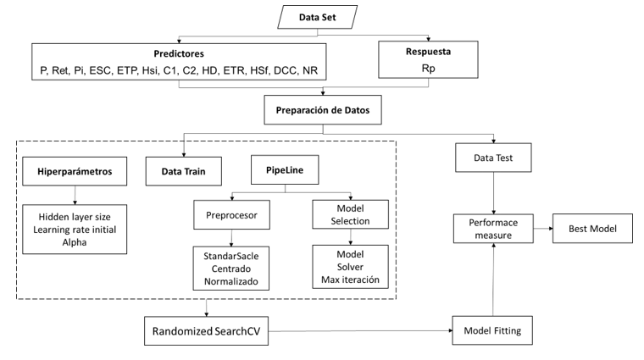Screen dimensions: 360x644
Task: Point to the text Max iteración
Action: [x=350, y=279]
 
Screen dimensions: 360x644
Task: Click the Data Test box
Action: [x=496, y=158]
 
